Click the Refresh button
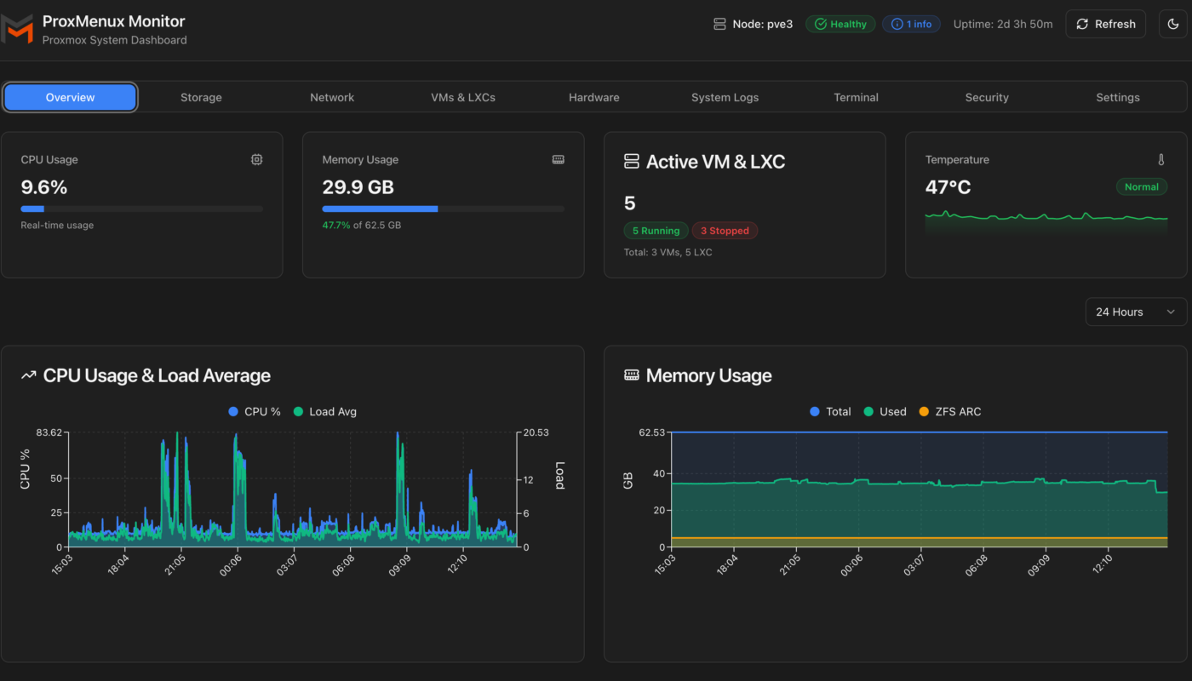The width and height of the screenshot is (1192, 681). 1105,24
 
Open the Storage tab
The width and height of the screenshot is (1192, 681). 201,97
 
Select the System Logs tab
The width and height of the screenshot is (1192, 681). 725,97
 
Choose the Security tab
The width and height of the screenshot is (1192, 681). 987,97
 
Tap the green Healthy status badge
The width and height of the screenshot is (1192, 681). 840,24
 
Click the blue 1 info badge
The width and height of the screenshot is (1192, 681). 911,24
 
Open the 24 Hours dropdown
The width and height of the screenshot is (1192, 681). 1135,312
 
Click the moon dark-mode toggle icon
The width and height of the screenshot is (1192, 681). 1173,24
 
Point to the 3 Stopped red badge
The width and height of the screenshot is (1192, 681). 725,231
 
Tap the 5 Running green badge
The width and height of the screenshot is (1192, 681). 656,231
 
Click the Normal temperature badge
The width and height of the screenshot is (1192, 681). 1141,186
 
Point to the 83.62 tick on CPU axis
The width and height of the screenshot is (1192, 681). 48,432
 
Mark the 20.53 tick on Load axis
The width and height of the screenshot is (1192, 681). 536,432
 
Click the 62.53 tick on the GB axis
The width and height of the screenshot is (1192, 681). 650,432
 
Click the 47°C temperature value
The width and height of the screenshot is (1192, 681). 948,187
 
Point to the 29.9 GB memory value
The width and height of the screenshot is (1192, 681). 358,187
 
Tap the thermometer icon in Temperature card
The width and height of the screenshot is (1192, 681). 1160,159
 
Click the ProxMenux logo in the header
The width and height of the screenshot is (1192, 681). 17,27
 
